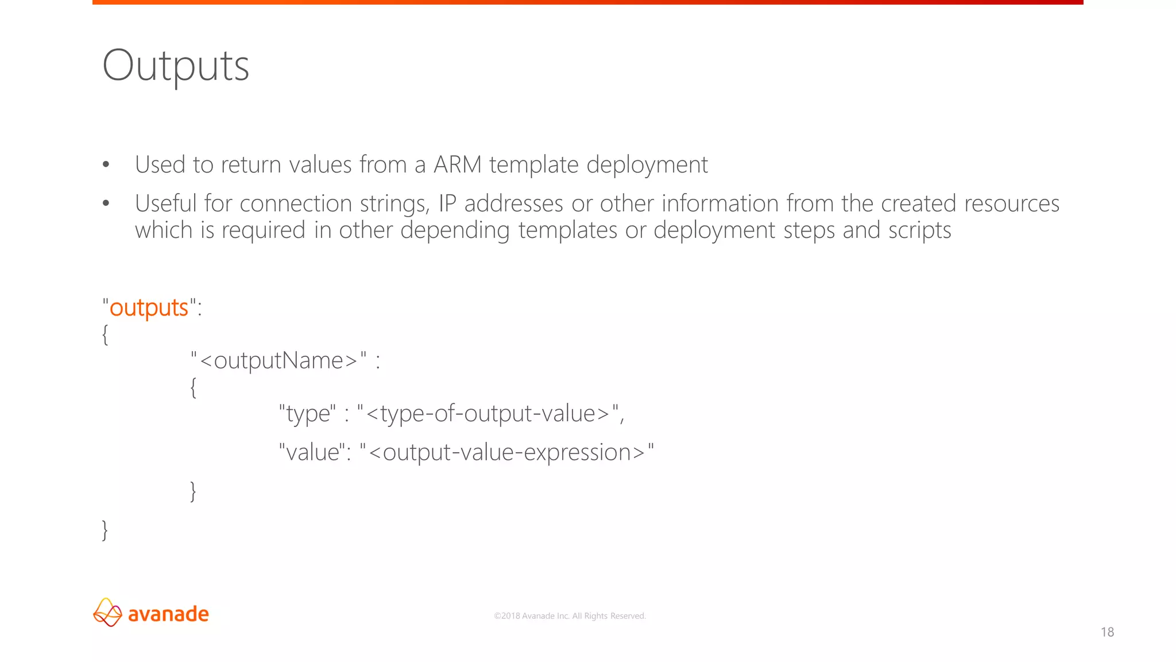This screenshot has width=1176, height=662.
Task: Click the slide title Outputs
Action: pos(176,66)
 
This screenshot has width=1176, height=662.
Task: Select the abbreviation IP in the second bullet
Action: pos(447,203)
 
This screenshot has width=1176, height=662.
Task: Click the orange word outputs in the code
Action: pos(149,308)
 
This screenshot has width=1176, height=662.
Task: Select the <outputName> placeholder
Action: pos(278,361)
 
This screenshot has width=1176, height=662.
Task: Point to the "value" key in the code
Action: pos(312,452)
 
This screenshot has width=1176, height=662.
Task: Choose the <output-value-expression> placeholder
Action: pos(506,452)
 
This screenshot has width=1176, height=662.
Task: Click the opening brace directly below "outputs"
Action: pos(105,334)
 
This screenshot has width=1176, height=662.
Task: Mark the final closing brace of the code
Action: pos(105,530)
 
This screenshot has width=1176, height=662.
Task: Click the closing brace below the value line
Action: pos(193,491)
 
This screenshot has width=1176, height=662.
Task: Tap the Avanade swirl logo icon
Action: pos(107,613)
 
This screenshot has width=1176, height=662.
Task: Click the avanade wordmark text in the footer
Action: pos(168,614)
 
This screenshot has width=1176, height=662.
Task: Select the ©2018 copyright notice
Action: pos(570,616)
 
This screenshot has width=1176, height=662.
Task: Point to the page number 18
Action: pos(1107,632)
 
